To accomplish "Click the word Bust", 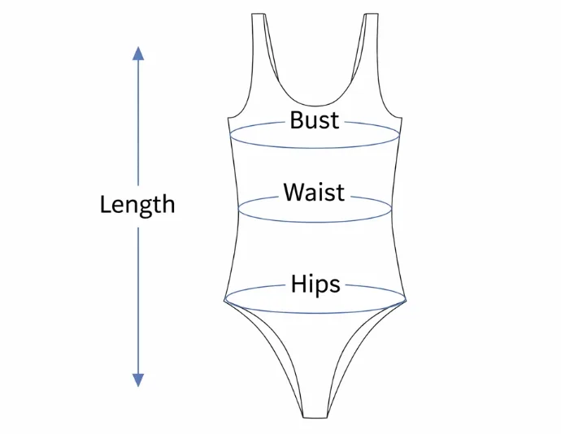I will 315,121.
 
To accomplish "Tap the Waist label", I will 314,193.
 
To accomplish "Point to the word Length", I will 137,204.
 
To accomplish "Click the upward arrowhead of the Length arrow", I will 138,54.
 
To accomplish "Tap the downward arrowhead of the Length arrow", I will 138,380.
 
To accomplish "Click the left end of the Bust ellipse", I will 231,135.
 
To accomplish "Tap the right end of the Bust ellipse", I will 400,135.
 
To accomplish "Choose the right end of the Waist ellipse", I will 392,209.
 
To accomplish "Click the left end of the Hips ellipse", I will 224,298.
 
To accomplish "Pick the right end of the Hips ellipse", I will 406,298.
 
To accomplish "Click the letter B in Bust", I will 297,121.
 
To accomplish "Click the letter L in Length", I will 105,204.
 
